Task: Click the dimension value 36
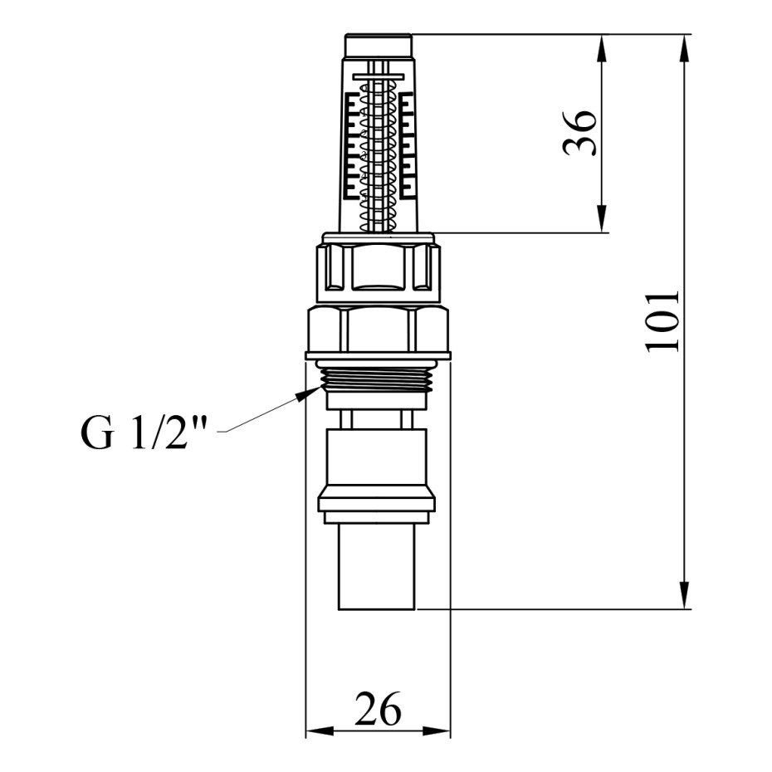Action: (x=580, y=133)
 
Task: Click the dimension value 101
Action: (x=662, y=322)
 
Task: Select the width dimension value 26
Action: (x=379, y=709)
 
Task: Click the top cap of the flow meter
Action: (x=379, y=45)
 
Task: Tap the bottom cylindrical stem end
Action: (x=377, y=567)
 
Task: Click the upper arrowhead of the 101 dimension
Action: (x=684, y=48)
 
